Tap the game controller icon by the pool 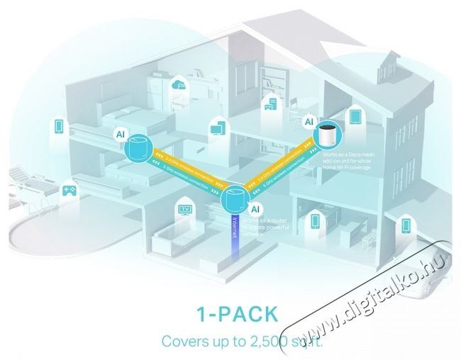tap(70, 191)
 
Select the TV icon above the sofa tap(186, 209)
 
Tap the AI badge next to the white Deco tap(309, 122)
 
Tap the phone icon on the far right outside tap(406, 225)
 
